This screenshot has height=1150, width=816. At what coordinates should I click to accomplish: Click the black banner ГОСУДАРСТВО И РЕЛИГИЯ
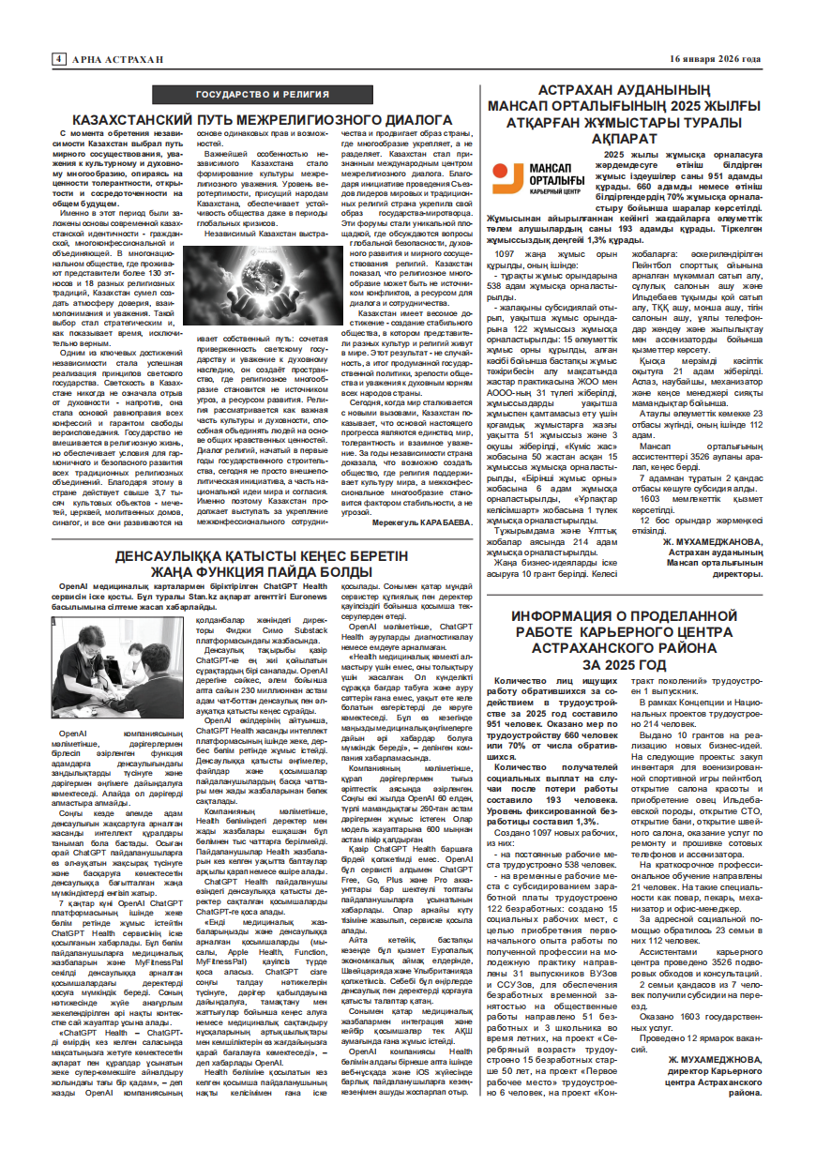click(263, 95)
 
